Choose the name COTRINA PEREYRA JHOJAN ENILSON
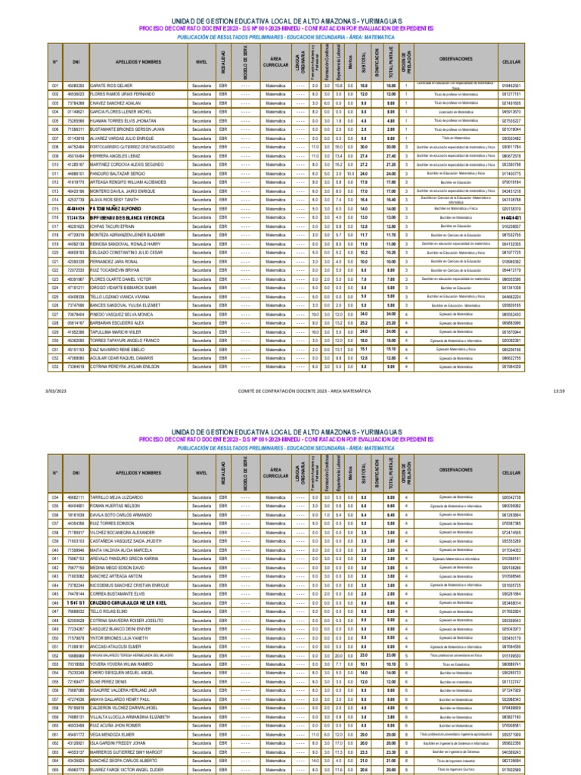point(124,366)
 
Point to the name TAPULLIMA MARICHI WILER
point(115,331)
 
